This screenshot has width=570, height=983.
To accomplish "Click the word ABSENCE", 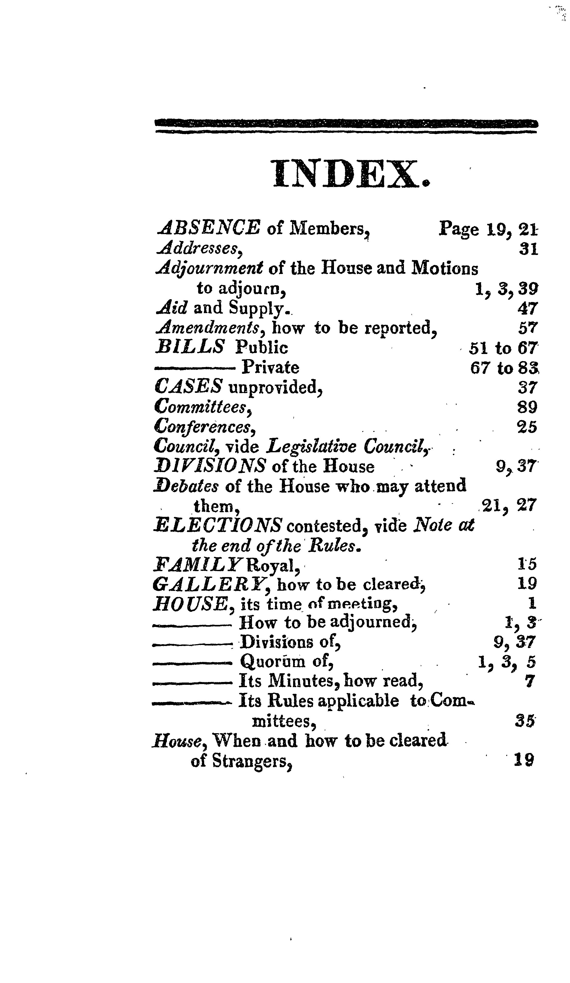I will pos(208,228).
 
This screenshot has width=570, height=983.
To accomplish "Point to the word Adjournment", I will pos(209,269).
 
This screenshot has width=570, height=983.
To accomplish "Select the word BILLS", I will pos(189,347).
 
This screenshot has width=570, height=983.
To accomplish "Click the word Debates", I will pos(186,486).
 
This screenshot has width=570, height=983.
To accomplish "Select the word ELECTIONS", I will pos(217,526).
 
